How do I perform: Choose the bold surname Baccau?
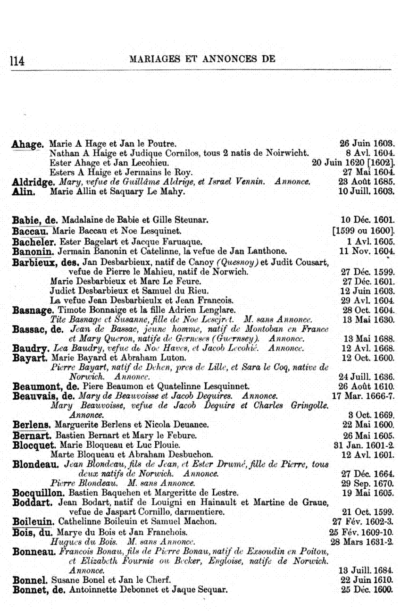coord(31,231)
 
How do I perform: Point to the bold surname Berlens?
coord(32,425)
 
